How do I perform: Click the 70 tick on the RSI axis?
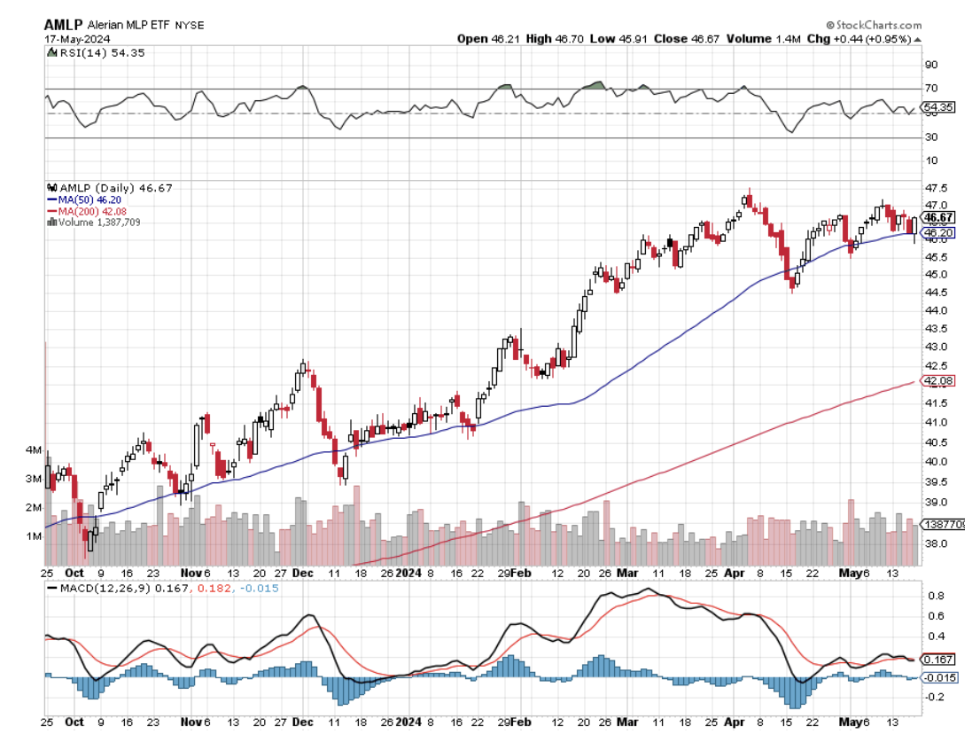click(x=932, y=88)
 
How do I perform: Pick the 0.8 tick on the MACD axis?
click(x=935, y=596)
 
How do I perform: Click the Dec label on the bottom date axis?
click(x=302, y=723)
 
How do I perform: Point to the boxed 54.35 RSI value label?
click(x=937, y=107)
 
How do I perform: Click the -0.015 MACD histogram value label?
click(x=939, y=677)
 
